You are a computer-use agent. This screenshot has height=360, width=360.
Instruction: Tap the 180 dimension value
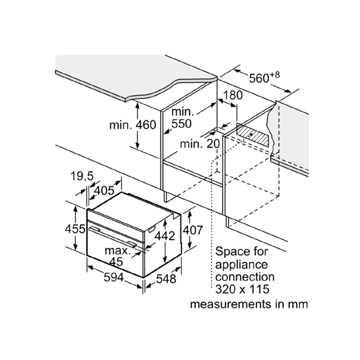(x=232, y=95)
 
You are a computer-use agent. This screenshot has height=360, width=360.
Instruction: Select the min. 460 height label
(x=133, y=125)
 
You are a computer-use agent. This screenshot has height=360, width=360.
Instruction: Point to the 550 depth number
(x=181, y=124)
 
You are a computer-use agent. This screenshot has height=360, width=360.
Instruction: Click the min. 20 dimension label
(x=200, y=144)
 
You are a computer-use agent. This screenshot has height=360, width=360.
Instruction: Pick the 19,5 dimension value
(x=82, y=176)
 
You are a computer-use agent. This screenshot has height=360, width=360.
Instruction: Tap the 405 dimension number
(x=104, y=191)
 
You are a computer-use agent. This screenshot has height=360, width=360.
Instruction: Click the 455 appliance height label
(x=75, y=229)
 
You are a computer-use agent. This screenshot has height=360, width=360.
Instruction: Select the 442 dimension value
(x=165, y=236)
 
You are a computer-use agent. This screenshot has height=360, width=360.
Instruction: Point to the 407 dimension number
(x=193, y=230)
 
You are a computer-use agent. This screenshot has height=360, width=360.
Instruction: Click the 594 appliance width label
(x=114, y=277)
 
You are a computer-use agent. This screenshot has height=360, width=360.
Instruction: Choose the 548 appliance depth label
(x=166, y=279)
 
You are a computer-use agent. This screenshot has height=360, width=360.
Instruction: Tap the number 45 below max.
(x=116, y=262)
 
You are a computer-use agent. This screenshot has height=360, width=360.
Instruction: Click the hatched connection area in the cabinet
(x=253, y=135)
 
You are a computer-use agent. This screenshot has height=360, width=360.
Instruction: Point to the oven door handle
(x=113, y=236)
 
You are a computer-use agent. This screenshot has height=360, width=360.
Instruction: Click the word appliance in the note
(x=241, y=265)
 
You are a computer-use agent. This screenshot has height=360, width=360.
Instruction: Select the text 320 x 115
(x=242, y=289)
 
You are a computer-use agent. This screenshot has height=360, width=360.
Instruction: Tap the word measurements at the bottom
(x=231, y=305)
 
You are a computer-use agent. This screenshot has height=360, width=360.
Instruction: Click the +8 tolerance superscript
(x=275, y=75)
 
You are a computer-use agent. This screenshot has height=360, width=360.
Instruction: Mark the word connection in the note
(x=245, y=277)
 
